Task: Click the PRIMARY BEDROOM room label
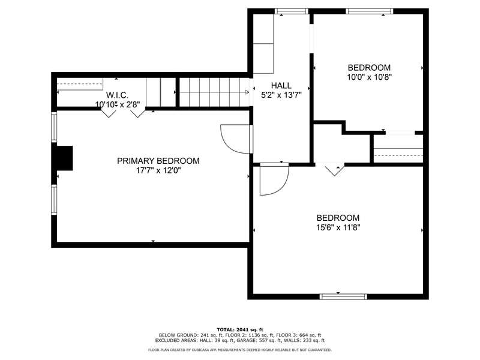click(158, 161)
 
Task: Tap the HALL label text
click(281, 85)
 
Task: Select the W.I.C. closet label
click(117, 95)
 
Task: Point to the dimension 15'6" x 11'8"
click(338, 227)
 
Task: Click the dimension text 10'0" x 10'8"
click(369, 77)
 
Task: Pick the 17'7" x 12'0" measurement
click(158, 170)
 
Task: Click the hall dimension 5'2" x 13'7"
click(281, 95)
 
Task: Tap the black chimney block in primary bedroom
click(65, 158)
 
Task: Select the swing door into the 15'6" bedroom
click(274, 179)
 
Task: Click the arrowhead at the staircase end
click(247, 92)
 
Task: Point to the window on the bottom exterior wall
click(343, 296)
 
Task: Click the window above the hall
click(291, 11)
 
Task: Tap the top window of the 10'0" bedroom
click(370, 11)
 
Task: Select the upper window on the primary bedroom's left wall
click(54, 127)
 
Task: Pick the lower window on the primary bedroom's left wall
click(54, 200)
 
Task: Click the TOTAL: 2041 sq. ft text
click(240, 329)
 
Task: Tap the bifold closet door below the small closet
click(334, 170)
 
